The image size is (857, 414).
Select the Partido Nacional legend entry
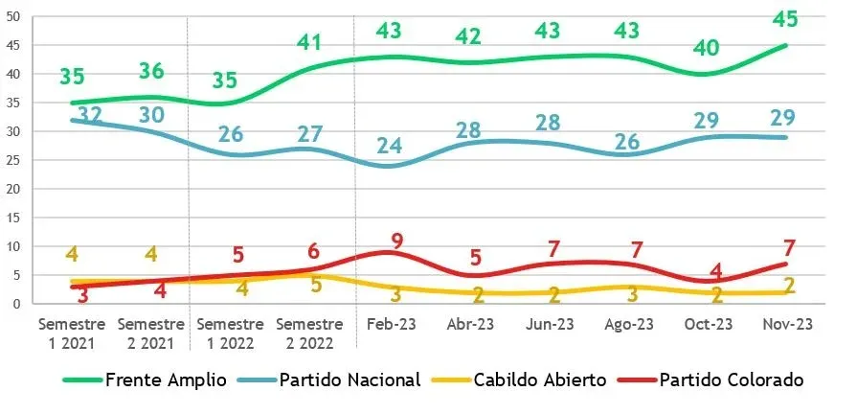(x=350, y=380)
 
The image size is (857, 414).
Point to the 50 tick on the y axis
(x=12, y=16)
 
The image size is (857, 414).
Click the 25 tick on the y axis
(x=12, y=160)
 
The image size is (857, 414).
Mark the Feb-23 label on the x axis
(x=392, y=325)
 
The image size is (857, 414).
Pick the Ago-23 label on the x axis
(x=630, y=325)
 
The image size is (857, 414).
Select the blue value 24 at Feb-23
(x=389, y=148)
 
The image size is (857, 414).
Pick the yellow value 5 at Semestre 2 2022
(x=315, y=286)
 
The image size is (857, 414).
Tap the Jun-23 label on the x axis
(x=551, y=325)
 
